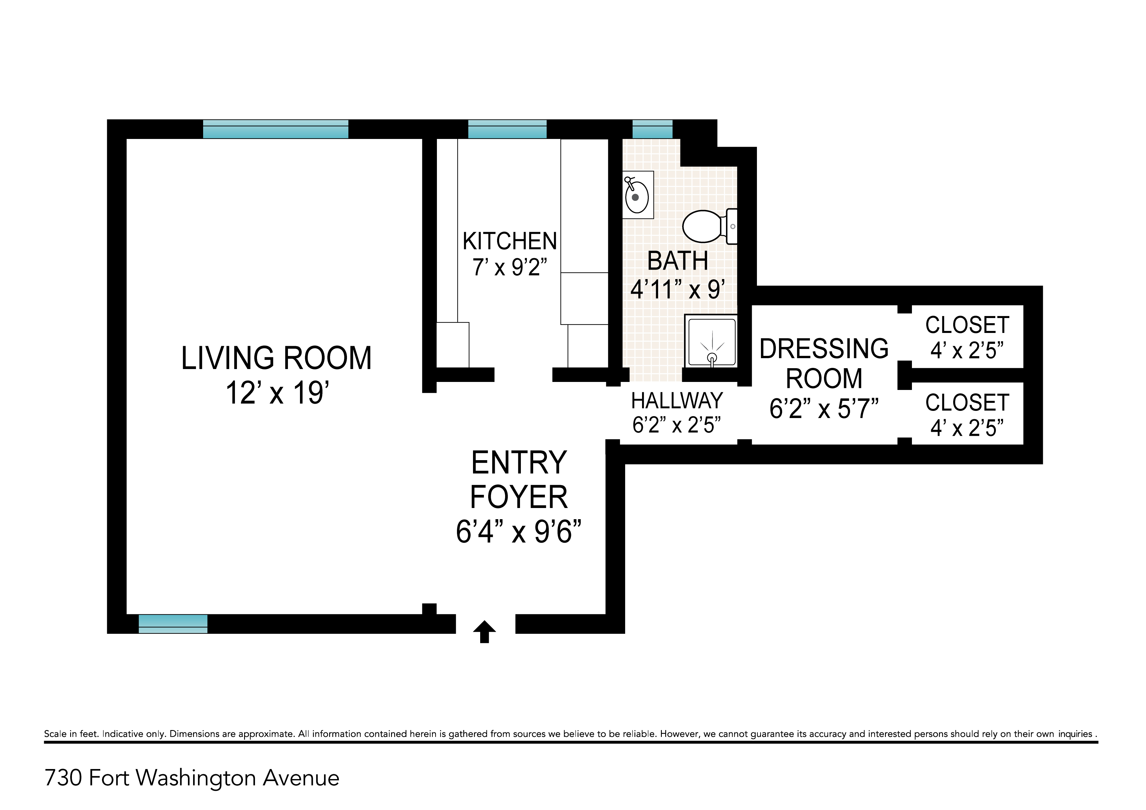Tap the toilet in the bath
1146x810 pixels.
(710, 227)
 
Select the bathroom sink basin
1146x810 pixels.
(637, 197)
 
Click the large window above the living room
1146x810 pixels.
(276, 129)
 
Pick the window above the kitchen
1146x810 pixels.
(507, 129)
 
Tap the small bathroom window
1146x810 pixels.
(652, 129)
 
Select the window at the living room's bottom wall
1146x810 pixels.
(173, 624)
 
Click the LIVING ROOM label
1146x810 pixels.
(276, 358)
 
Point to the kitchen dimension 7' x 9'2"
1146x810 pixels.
(510, 268)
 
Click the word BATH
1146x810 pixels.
(677, 261)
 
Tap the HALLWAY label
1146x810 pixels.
(677, 401)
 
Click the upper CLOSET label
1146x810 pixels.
(967, 325)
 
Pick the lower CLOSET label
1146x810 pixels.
(967, 403)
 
